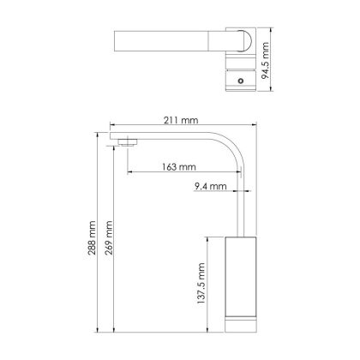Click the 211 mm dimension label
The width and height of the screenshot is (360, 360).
click(x=181, y=118)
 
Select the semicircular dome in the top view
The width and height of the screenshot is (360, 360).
click(x=244, y=43)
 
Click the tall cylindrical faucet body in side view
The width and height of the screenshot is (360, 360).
click(x=240, y=274)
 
